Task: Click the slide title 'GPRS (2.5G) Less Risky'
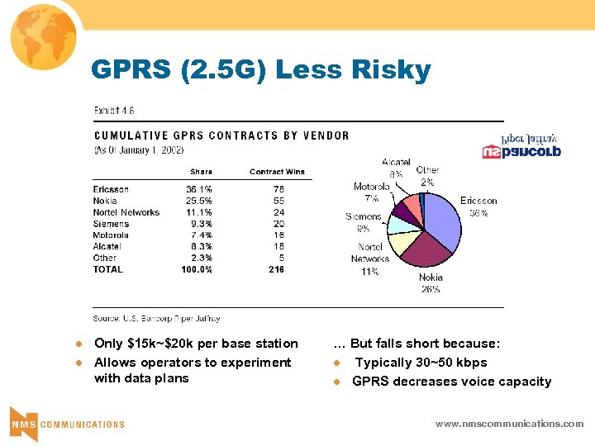pyautogui.click(x=261, y=71)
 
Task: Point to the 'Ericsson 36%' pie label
pyautogui.click(x=478, y=206)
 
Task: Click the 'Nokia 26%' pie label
pyautogui.click(x=431, y=283)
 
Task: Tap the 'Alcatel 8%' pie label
pyautogui.click(x=396, y=168)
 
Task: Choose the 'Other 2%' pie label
pyautogui.click(x=427, y=175)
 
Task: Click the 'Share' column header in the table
pyautogui.click(x=201, y=172)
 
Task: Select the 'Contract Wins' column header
pyautogui.click(x=277, y=172)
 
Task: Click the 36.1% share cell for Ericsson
pyautogui.click(x=199, y=189)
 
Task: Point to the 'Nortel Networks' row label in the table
pyautogui.click(x=126, y=212)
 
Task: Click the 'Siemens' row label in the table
pyautogui.click(x=112, y=224)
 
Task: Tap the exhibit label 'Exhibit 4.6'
pyautogui.click(x=114, y=111)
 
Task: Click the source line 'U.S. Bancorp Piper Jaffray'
pyautogui.click(x=157, y=318)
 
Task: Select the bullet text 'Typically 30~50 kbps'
pyautogui.click(x=421, y=363)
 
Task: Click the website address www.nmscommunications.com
pyautogui.click(x=509, y=424)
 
